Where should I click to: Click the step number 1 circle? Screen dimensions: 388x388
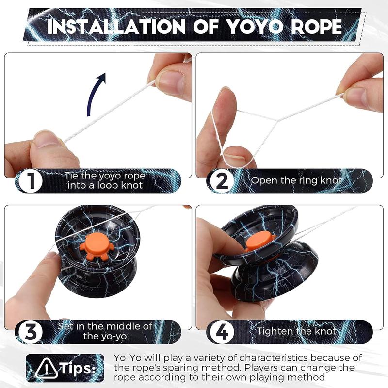[31, 181]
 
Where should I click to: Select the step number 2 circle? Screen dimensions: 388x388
[222, 181]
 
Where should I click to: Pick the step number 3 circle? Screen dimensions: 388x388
[31, 333]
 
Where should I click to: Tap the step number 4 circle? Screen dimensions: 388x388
[222, 333]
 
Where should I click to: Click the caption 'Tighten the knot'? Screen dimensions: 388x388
[296, 332]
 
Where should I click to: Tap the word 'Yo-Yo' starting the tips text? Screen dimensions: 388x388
[127, 357]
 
